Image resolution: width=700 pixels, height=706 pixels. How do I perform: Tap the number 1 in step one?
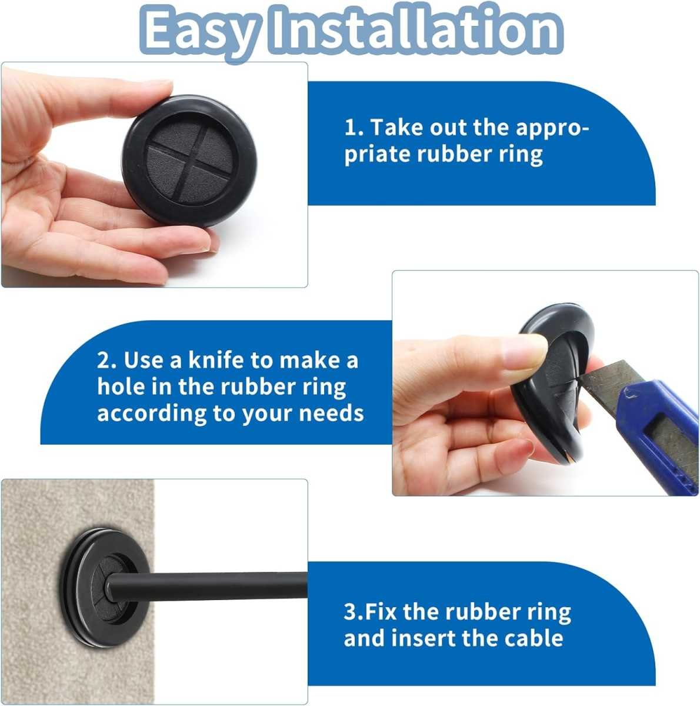pyautogui.click(x=351, y=128)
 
